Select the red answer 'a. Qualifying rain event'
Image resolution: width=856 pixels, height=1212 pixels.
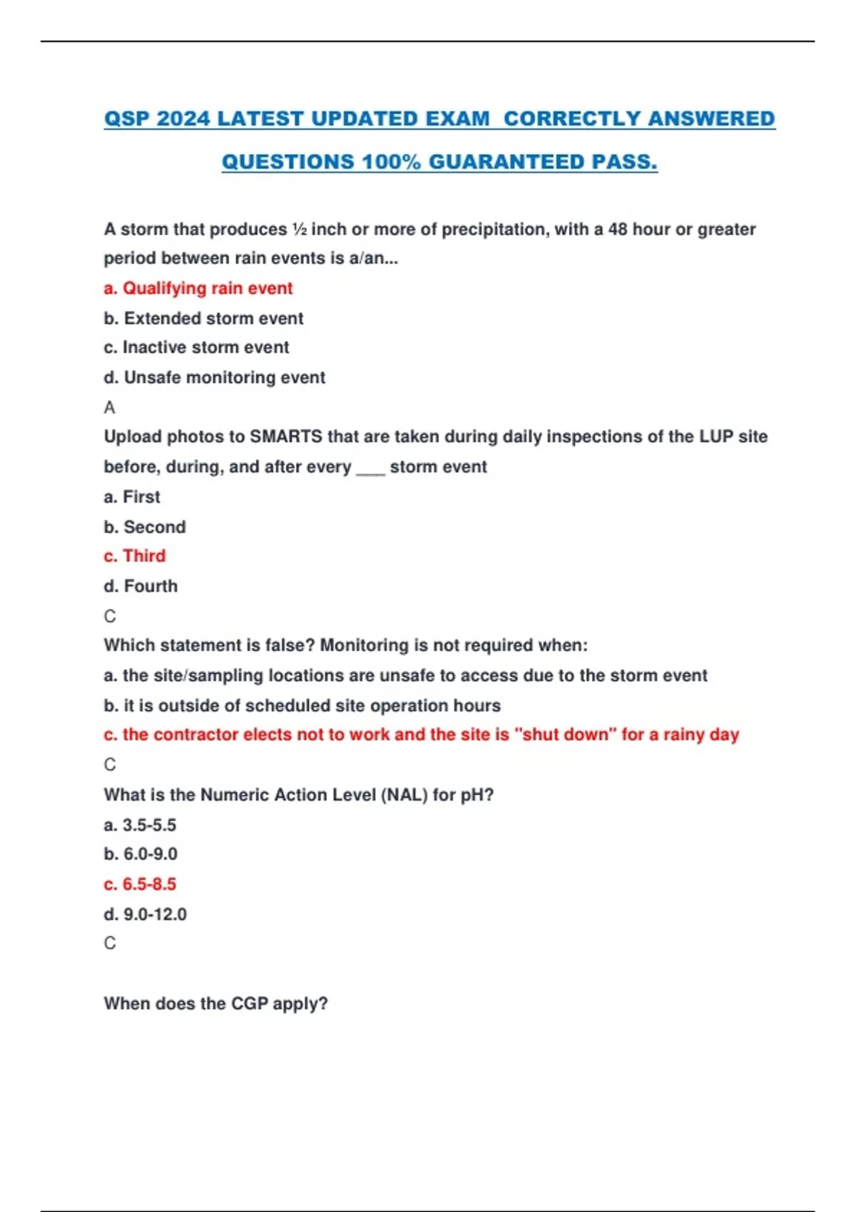pyautogui.click(x=198, y=288)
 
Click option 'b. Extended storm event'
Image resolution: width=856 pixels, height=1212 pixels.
pyautogui.click(x=203, y=318)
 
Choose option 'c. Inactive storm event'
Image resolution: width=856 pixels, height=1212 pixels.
pyautogui.click(x=196, y=347)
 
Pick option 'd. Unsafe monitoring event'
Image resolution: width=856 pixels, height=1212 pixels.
pyautogui.click(x=214, y=377)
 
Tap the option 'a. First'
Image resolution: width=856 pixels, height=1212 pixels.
pyautogui.click(x=132, y=497)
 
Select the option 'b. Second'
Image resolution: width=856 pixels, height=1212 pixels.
pyautogui.click(x=144, y=527)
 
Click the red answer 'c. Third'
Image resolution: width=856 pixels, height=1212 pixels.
pyautogui.click(x=134, y=556)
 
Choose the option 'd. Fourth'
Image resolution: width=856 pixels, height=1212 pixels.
pyautogui.click(x=141, y=586)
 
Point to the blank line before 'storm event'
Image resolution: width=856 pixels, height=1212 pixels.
pyautogui.click(x=370, y=469)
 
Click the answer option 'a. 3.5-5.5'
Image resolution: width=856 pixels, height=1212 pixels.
pyautogui.click(x=140, y=825)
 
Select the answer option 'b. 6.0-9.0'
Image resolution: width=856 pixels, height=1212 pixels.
pyautogui.click(x=141, y=854)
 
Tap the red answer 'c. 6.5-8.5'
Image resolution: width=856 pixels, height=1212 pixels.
pyautogui.click(x=140, y=884)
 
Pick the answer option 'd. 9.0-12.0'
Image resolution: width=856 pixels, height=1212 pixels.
pyautogui.click(x=145, y=914)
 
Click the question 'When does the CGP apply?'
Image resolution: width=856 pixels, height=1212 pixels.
pyautogui.click(x=215, y=1004)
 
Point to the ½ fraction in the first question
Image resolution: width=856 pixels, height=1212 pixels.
pyautogui.click(x=299, y=230)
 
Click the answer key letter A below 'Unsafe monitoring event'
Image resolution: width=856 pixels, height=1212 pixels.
pyautogui.click(x=109, y=408)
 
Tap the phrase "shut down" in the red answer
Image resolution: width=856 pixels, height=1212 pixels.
pyautogui.click(x=565, y=734)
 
